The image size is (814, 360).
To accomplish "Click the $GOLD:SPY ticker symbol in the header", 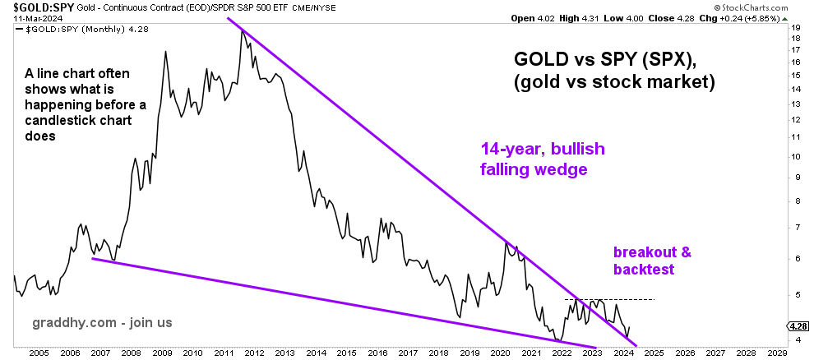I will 33,7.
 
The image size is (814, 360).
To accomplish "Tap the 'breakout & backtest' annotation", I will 653,261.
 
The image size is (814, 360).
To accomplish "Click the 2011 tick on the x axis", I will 223,353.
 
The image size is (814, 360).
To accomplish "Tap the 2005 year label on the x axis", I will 39,353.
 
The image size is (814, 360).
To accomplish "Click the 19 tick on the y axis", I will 796,27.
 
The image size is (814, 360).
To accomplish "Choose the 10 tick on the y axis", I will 796,157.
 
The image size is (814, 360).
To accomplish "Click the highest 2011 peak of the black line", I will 242,30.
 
